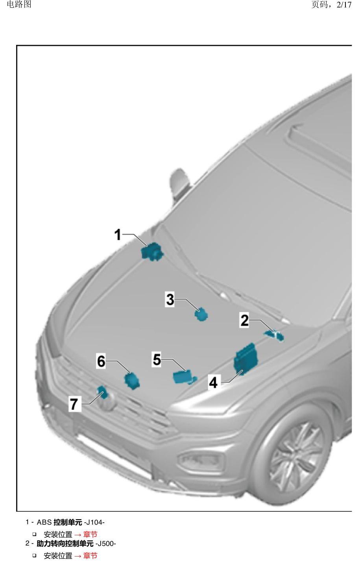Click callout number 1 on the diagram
118,235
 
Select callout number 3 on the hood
170,300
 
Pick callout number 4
213,382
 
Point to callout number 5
157,359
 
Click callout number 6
101,361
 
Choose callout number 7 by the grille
74,404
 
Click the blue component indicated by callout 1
152,252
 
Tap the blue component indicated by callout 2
274,335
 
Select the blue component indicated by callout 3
201,314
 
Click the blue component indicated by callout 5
184,377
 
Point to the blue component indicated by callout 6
132,381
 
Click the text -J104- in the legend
94,522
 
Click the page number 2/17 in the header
344,5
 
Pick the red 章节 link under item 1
90,533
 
